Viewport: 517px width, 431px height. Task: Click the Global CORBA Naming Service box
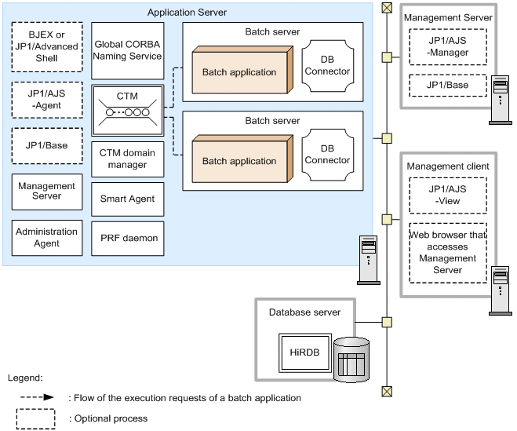[x=127, y=50]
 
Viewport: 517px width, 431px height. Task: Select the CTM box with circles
[x=127, y=110]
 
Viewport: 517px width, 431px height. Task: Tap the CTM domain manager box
[x=127, y=159]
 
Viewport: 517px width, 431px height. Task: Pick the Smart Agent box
[x=127, y=199]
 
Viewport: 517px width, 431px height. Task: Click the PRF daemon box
[x=127, y=238]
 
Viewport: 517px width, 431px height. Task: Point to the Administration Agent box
[x=47, y=237]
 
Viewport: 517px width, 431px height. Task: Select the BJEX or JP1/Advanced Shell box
[x=47, y=47]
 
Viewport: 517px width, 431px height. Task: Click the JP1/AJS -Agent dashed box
[x=47, y=100]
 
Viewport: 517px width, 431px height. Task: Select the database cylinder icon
[x=351, y=360]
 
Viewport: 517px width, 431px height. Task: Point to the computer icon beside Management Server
[x=498, y=100]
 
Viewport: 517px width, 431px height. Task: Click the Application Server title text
[x=187, y=13]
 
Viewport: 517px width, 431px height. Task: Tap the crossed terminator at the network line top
[x=386, y=8]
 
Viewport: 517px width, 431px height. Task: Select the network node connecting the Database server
[x=386, y=322]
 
